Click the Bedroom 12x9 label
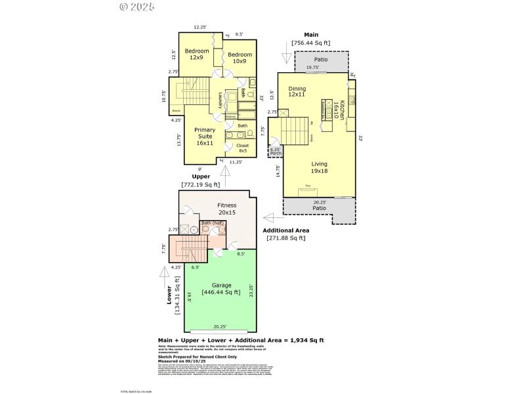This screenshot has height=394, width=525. point(197,55)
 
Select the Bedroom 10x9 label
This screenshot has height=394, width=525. point(240,58)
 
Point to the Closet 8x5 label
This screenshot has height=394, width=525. point(243,148)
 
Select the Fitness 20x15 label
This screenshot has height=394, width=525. point(226,209)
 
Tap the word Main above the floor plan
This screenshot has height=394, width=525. point(311,34)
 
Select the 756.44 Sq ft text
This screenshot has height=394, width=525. point(311,43)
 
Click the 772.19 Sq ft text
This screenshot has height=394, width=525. point(201,185)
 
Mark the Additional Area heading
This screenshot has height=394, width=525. point(285,230)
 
